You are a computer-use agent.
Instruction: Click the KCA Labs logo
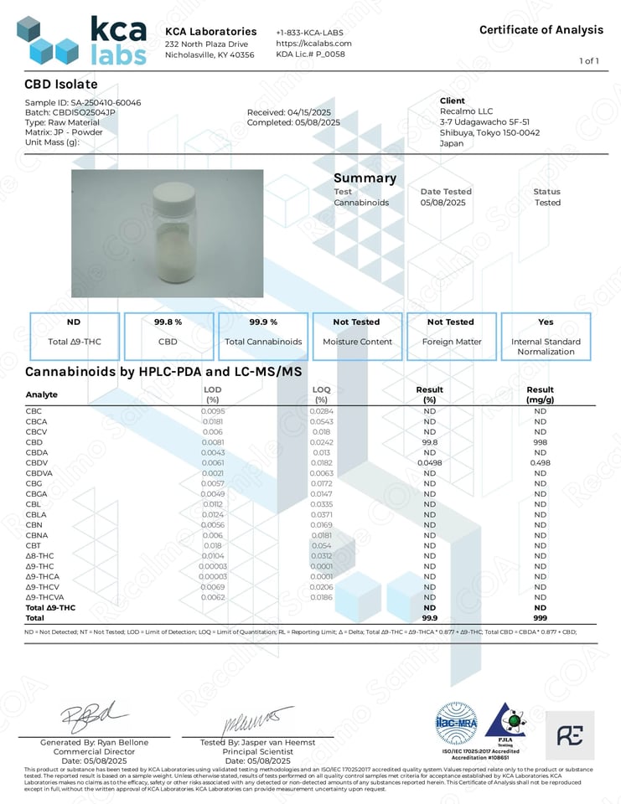[81, 40]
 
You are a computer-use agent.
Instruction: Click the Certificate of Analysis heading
[541, 30]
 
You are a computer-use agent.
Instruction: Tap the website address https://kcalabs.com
[313, 43]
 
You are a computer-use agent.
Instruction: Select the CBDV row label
[35, 462]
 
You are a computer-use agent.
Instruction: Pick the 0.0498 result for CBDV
[429, 462]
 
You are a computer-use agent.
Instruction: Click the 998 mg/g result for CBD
[540, 441]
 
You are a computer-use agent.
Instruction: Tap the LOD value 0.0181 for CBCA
[213, 421]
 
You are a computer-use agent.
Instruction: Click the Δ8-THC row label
[41, 555]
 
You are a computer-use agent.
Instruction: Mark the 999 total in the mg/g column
[540, 617]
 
